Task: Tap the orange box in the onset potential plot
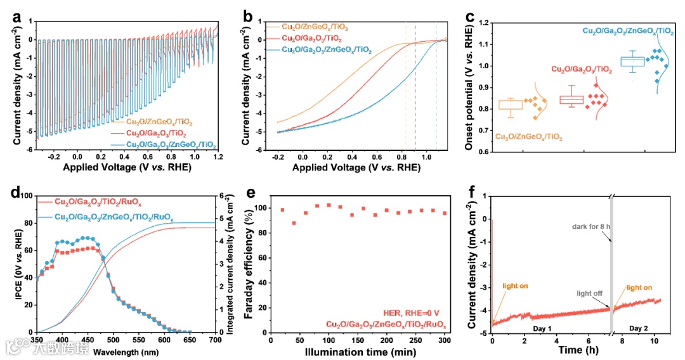(x=510, y=105)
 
